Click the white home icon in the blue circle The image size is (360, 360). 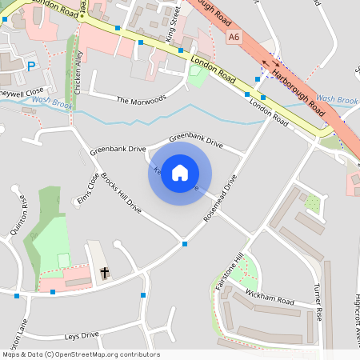coord(180,173)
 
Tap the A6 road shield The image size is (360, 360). coord(234,37)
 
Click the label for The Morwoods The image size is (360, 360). coord(142,100)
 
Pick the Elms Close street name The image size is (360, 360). coord(88,188)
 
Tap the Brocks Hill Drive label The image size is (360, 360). coord(120,193)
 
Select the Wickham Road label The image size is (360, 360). coord(270,298)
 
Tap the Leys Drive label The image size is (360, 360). coord(82,334)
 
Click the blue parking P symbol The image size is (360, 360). coord(31,67)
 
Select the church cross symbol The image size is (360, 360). coord(105,274)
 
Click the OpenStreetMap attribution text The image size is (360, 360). coord(80,354)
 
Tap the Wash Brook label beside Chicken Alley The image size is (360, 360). coord(53,102)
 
